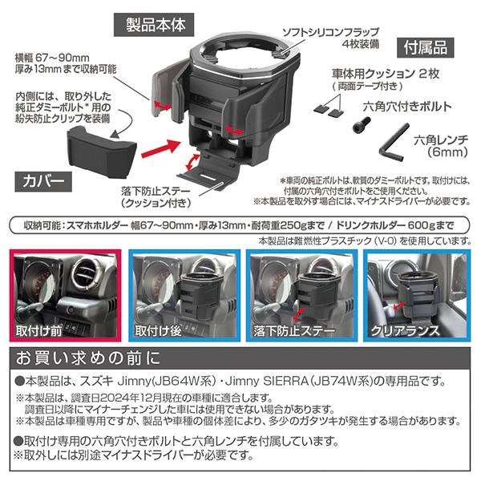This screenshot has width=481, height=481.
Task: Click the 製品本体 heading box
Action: click(154, 25)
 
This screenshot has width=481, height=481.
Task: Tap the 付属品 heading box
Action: click(425, 48)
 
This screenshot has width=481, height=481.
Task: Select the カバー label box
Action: click(43, 182)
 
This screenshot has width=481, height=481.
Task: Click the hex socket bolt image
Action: click(362, 124)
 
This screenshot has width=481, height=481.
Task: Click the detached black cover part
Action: click(102, 152)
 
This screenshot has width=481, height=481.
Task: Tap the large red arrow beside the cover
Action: click(160, 148)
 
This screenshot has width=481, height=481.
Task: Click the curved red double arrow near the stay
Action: click(192, 162)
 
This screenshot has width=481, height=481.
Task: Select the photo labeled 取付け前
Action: click(66, 295)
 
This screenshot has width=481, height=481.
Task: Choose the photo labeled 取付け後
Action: click(184, 295)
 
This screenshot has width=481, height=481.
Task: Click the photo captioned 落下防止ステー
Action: click(302, 295)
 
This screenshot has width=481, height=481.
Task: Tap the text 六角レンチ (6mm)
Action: click(441, 146)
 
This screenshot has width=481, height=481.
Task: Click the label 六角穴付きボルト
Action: click(407, 107)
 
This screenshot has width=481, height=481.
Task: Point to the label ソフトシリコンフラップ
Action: click(330, 32)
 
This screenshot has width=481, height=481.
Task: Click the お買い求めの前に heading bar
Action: click(240, 358)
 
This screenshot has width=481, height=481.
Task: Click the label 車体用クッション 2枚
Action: click(386, 74)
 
